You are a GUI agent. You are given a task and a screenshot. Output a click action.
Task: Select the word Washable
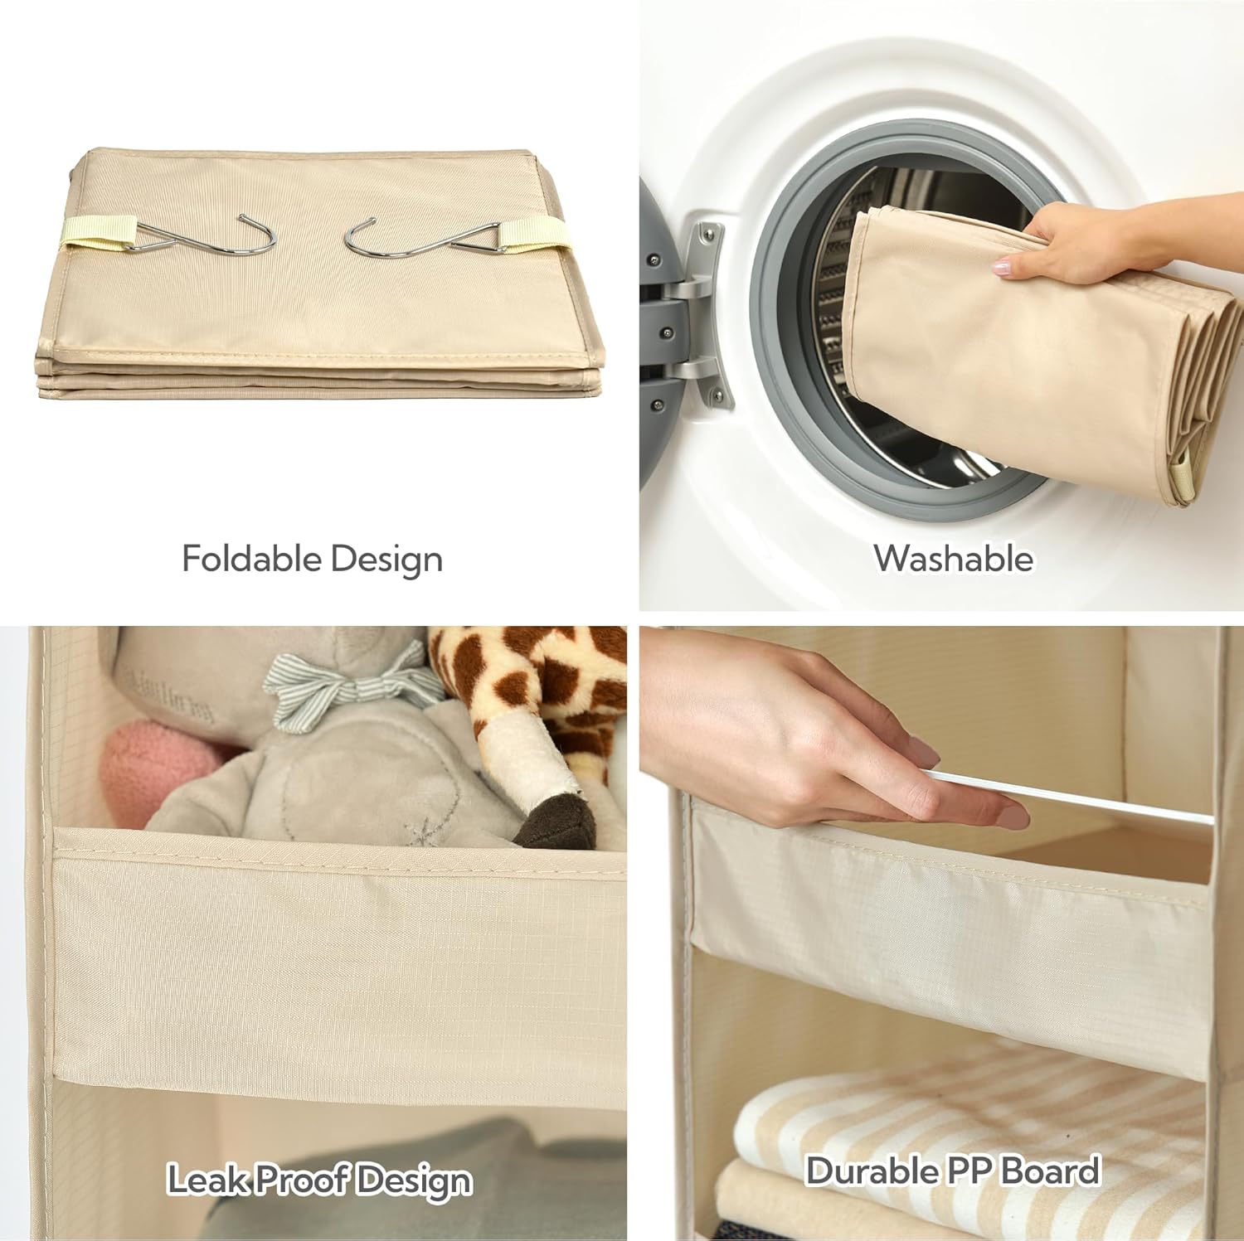tap(954, 558)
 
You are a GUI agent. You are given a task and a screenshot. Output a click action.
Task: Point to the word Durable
tap(872, 1171)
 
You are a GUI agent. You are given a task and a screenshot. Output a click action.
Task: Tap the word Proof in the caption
tap(308, 1179)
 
